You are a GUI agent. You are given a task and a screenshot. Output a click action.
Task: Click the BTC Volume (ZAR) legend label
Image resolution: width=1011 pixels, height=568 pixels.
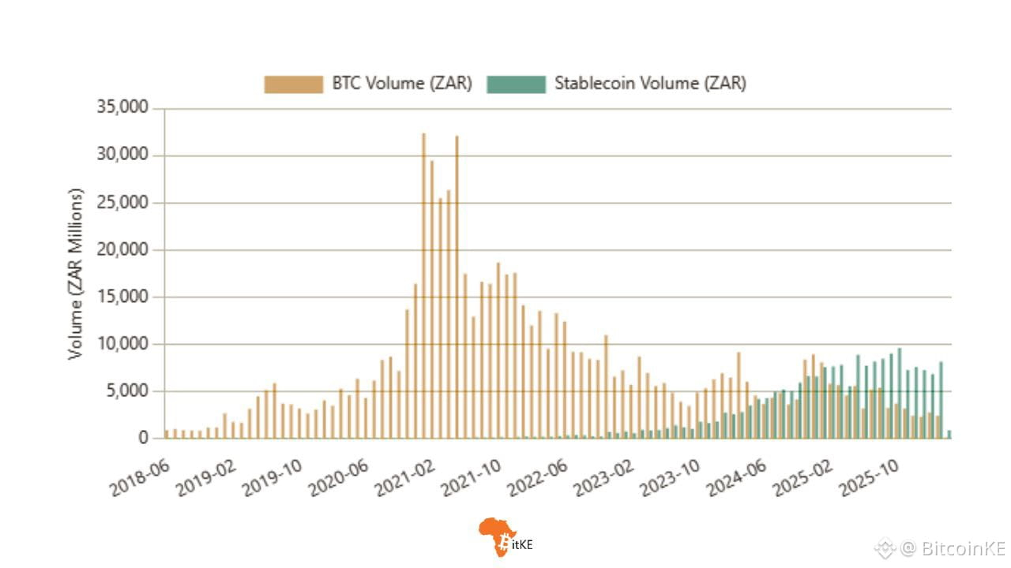401,84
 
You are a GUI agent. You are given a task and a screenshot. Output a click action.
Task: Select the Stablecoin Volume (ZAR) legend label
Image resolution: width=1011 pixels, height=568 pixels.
650,84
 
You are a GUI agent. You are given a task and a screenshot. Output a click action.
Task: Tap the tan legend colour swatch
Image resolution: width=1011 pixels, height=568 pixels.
293,84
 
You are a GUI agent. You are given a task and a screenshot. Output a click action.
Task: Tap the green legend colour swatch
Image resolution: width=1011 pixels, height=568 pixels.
516,84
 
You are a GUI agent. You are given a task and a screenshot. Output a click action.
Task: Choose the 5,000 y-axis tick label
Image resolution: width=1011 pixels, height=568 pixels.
130,391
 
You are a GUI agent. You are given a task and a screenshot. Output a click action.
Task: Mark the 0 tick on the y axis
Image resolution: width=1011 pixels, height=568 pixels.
143,439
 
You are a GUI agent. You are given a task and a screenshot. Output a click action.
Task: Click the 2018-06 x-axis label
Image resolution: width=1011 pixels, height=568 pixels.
137,476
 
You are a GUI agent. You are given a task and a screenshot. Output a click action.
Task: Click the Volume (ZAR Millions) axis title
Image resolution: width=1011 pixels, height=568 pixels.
76,274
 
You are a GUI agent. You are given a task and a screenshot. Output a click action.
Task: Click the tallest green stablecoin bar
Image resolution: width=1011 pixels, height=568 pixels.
899,393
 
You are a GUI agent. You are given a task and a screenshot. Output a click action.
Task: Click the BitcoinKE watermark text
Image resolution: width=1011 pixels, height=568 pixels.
952,548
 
